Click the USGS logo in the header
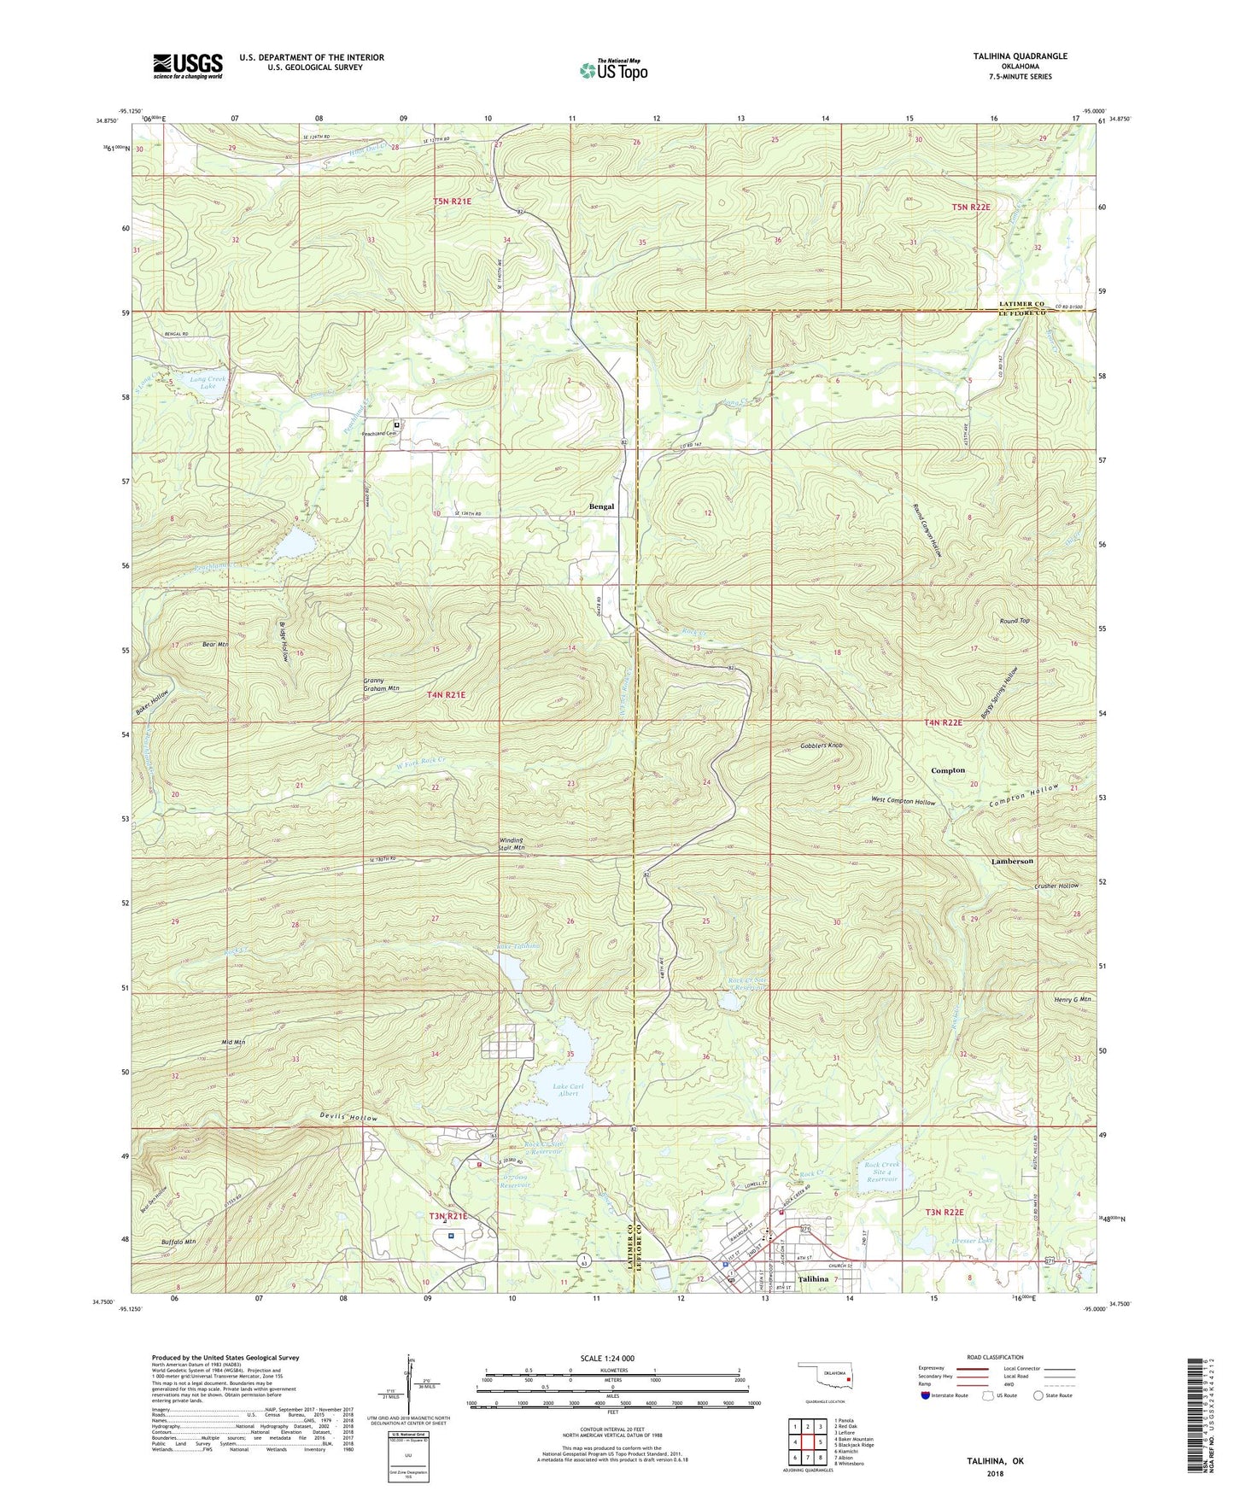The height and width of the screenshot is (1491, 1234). coord(188,65)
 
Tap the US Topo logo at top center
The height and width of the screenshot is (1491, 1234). coord(612,70)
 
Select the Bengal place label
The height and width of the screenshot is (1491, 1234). coord(601,506)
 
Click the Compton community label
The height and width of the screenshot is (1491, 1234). coord(947,770)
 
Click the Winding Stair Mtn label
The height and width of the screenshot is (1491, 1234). coord(512,844)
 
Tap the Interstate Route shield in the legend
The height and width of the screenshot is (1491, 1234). coord(927,1395)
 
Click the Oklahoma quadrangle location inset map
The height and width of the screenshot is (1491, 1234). coord(825,1377)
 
